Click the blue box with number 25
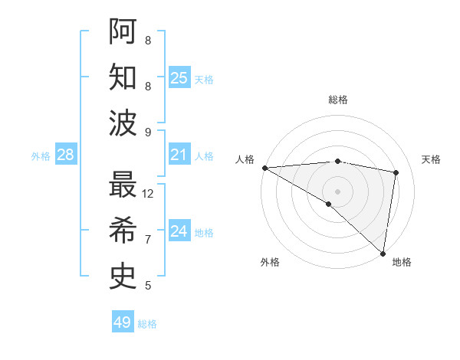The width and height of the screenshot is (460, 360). tap(179, 77)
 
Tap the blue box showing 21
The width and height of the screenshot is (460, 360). tap(179, 155)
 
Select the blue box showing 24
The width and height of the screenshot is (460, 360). tap(179, 231)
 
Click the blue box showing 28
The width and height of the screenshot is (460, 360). tap(66, 155)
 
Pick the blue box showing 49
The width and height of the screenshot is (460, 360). tap(122, 322)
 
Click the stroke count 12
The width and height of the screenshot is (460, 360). tap(149, 194)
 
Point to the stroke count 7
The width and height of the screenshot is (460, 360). tap(148, 240)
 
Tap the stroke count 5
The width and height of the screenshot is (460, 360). tap(148, 286)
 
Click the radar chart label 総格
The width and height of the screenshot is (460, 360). tap(337, 100)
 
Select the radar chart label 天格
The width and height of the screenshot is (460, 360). tap(432, 159)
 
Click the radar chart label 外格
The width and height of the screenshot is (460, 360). tap(270, 262)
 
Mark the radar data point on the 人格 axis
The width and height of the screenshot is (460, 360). tap(264, 168)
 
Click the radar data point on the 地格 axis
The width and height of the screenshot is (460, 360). tap(383, 253)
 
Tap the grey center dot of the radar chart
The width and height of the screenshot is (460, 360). tap(337, 191)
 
